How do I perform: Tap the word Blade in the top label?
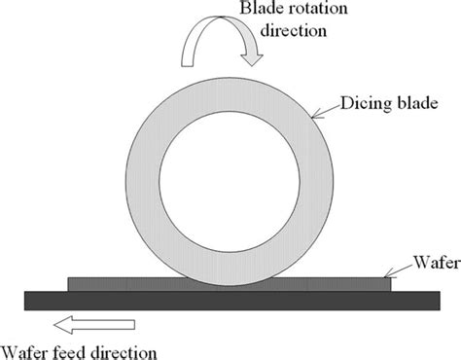click(250, 11)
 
